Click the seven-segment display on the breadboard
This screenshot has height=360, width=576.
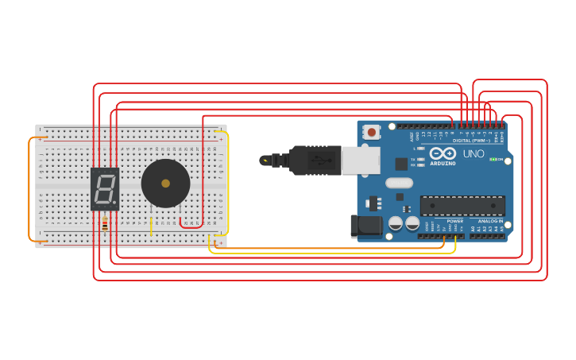[104, 188]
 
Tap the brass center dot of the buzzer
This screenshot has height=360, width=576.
[165, 184]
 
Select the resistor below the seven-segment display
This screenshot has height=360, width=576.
[104, 224]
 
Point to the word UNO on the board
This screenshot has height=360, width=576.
[474, 153]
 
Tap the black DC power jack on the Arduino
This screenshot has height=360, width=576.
[365, 226]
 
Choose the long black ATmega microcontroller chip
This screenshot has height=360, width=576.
[462, 205]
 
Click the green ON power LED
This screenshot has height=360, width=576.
[493, 160]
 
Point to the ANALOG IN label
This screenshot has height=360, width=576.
[490, 220]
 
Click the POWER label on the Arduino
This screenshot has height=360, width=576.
[454, 220]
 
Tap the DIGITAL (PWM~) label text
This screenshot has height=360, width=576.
[473, 140]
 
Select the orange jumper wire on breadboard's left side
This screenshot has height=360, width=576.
[30, 189]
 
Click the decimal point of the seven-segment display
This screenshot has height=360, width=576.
[115, 203]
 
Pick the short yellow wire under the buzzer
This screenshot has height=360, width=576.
[151, 226]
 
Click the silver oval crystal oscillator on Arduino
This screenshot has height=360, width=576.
[400, 183]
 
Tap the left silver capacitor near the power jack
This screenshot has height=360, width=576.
[395, 224]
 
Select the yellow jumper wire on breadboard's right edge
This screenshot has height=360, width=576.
[228, 183]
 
